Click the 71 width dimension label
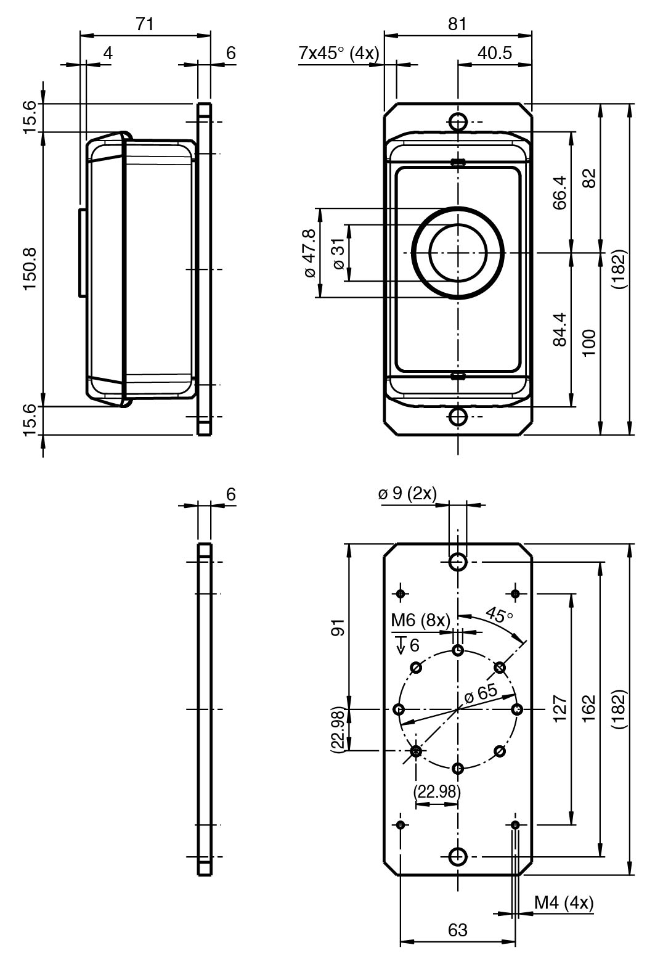145,24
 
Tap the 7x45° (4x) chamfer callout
338,53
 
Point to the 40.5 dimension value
494,53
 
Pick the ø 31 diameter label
338,253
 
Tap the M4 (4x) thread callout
564,903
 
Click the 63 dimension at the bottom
458,930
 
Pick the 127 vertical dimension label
560,710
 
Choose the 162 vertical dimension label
588,710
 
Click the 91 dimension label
338,627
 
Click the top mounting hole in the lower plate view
458,562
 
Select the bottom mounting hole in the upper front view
458,417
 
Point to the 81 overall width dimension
457,24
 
